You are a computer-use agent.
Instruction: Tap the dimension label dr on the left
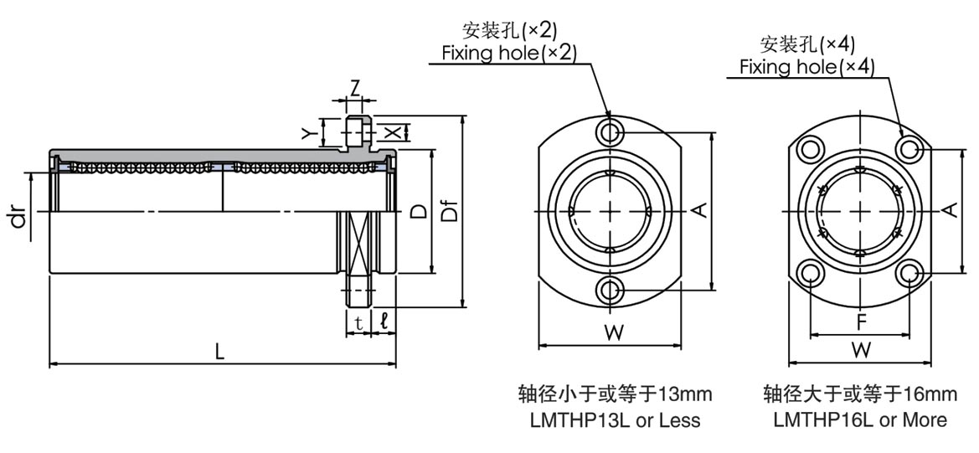coord(16,219)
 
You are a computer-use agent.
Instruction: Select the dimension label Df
coord(451,213)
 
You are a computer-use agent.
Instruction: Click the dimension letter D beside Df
coord(417,212)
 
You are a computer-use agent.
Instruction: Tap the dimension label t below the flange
coord(358,322)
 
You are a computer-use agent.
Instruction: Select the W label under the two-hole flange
coord(614,332)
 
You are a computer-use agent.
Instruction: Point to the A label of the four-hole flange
coord(951,209)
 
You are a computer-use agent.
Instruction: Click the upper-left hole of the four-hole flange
coord(811,149)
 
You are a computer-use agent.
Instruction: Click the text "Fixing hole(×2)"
coord(509,53)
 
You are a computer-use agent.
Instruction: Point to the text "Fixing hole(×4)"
coord(806,67)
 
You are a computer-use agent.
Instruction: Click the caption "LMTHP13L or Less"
coord(615,420)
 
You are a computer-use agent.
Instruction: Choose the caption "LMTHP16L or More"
coord(860,420)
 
